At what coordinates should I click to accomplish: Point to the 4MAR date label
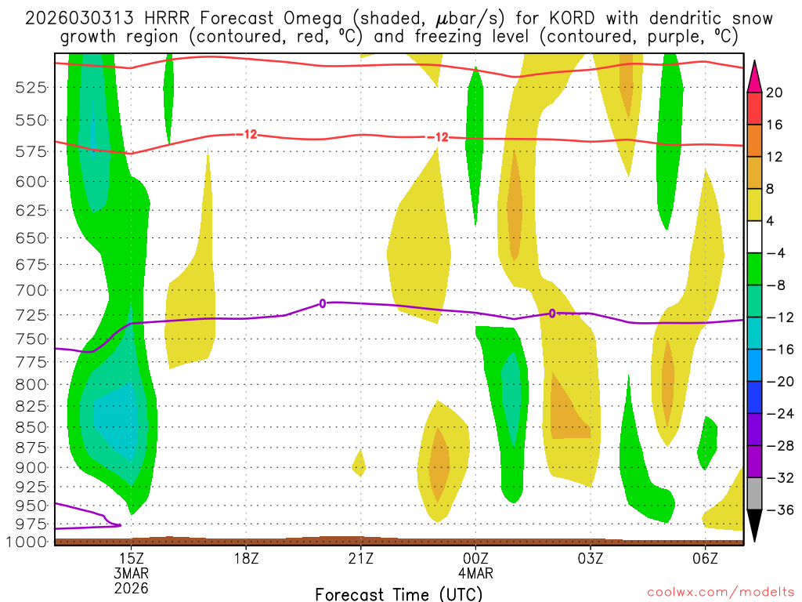[475, 572]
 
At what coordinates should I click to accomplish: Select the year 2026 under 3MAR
[131, 587]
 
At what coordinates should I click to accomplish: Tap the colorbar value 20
[774, 92]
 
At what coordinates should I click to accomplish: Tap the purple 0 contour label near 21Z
[322, 303]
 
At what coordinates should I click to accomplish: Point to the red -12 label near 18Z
[249, 134]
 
